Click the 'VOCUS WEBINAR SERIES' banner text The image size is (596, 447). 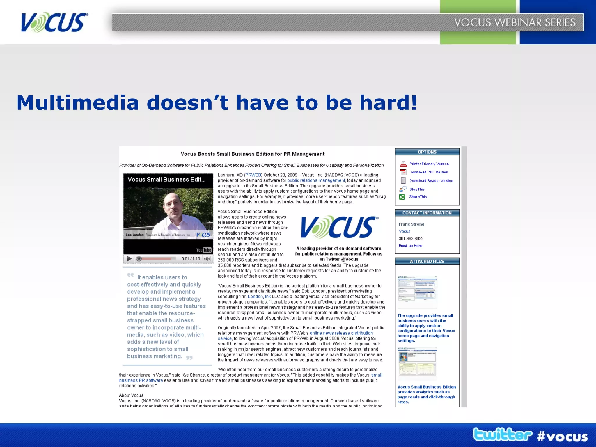tap(515, 22)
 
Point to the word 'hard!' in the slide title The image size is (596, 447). tap(389, 103)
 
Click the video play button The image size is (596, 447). tap(129, 259)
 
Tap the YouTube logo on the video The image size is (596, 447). tap(204, 250)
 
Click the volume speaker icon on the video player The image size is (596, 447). tap(207, 259)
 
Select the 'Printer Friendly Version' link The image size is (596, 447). tap(429, 164)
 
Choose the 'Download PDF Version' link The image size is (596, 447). tap(429, 172)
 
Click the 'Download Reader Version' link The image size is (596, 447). tap(431, 181)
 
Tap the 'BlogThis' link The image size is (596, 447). tap(417, 189)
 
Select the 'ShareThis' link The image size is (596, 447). tap(418, 197)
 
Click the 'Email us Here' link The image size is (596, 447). tap(410, 246)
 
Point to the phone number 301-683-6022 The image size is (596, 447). tap(411, 239)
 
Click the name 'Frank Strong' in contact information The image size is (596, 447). tap(411, 224)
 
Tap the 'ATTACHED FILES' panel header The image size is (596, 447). tap(427, 261)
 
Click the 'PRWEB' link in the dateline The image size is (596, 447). tap(253, 175)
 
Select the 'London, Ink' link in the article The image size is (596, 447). tap(259, 297)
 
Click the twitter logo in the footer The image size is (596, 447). tap(502, 435)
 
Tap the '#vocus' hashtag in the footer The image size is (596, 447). tap(562, 437)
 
